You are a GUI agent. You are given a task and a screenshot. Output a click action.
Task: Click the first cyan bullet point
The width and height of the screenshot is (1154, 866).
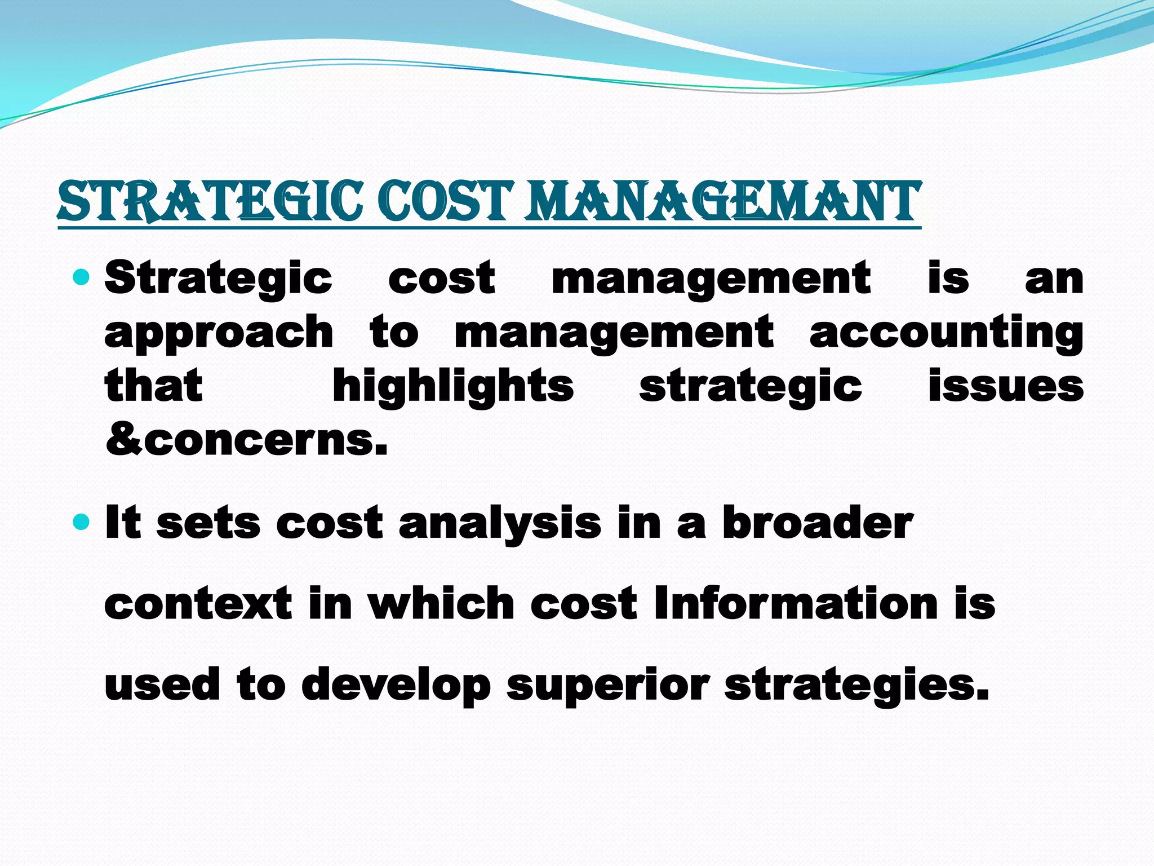point(82,277)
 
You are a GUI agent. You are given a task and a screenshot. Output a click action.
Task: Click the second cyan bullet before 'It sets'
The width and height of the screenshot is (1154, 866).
point(82,522)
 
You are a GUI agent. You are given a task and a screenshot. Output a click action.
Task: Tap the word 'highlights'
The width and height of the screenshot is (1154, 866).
point(453,387)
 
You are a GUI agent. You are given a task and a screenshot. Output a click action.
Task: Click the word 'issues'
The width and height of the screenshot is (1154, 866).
point(1006,387)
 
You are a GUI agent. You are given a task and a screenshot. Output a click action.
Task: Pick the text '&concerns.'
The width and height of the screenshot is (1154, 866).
point(246,440)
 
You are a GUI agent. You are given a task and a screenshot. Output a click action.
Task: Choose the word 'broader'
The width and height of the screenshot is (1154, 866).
point(817,523)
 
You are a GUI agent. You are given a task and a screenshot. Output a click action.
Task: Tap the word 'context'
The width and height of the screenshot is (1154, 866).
point(198,604)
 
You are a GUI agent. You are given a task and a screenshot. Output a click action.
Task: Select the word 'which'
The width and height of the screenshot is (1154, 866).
point(441,604)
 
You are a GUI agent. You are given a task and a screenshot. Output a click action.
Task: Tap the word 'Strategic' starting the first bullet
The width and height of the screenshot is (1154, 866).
point(219,279)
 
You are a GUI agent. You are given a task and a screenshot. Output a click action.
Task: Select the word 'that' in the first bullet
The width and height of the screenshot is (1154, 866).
point(153,387)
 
